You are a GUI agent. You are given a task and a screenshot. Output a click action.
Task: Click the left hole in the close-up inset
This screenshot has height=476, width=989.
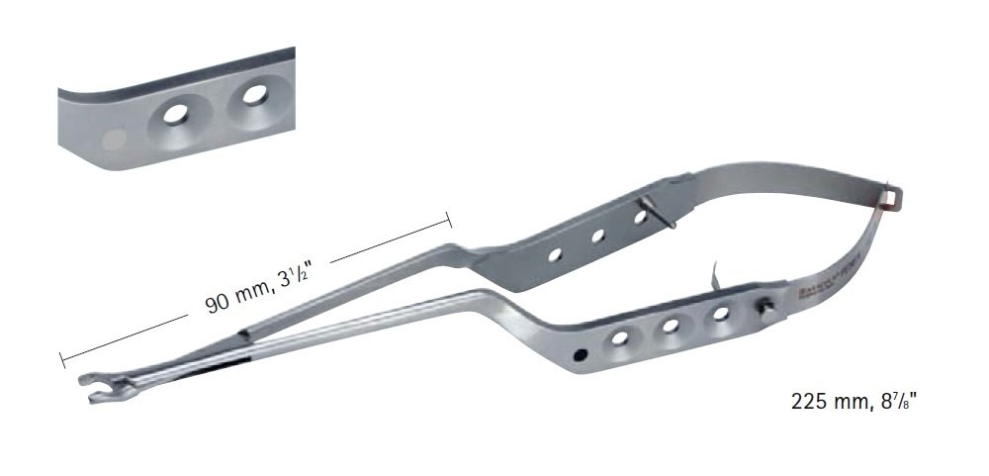[x=178, y=114]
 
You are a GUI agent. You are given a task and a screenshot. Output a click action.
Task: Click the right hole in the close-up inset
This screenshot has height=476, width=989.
[x=255, y=96]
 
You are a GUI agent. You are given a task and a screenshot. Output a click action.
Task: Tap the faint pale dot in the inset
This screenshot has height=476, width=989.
[x=116, y=140]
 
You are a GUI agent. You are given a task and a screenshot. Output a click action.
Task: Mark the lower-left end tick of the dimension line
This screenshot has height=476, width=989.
[x=62, y=353]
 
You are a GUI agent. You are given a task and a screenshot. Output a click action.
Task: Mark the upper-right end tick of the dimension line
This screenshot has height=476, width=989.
[x=450, y=221]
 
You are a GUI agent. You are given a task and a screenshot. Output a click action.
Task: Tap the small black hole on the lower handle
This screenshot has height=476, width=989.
[x=580, y=352]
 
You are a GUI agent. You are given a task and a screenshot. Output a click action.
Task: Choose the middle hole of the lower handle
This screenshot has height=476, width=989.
[x=670, y=326]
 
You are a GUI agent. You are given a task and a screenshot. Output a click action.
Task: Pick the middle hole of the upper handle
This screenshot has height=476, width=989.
[x=597, y=237]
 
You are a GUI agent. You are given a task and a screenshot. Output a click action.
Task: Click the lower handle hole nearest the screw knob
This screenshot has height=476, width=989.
[x=721, y=314]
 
